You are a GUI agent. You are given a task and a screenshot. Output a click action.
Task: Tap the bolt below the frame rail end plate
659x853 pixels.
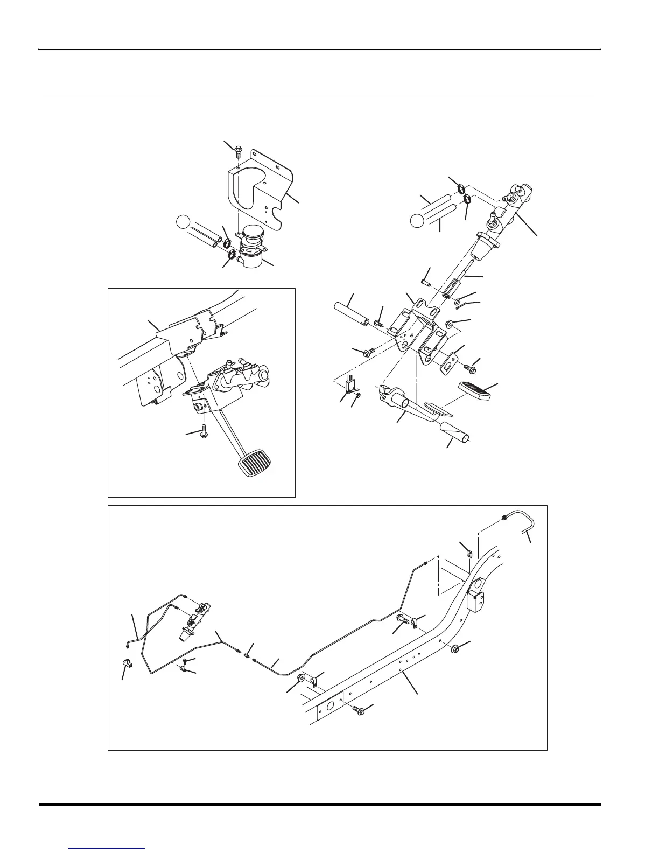tap(359, 711)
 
